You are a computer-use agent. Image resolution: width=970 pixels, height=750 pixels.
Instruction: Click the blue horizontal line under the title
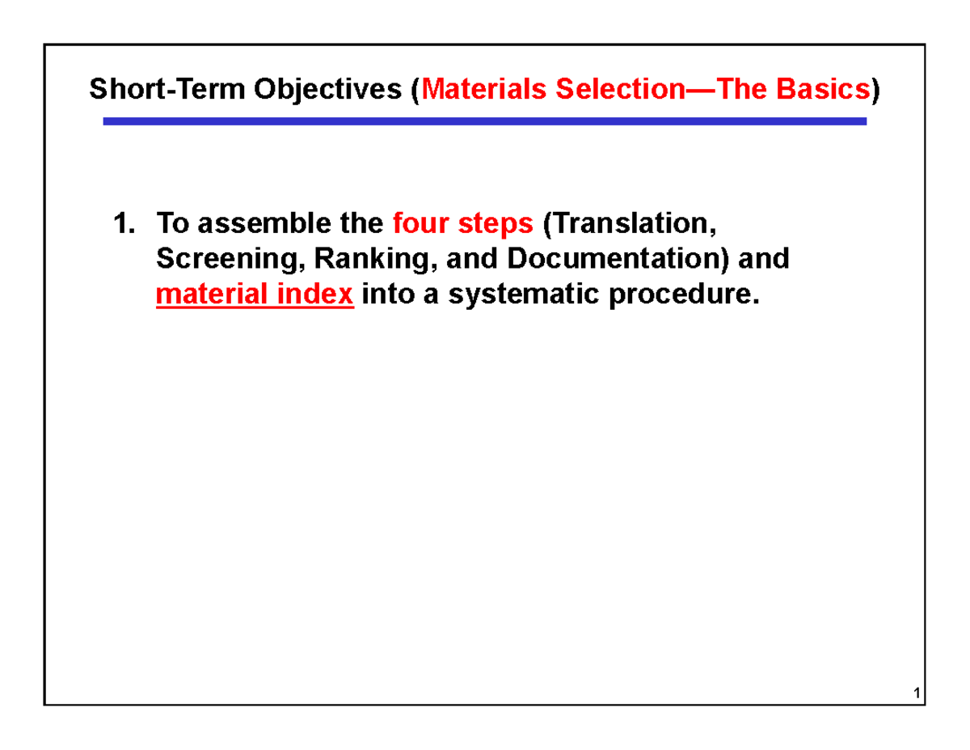click(x=485, y=121)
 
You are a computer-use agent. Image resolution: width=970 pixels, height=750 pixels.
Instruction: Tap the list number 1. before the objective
click(x=124, y=222)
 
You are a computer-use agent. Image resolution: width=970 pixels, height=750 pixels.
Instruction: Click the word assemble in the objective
click(x=251, y=222)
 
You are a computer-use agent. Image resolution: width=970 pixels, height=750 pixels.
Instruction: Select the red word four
click(x=416, y=222)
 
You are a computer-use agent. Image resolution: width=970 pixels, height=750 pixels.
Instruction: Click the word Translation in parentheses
click(x=630, y=222)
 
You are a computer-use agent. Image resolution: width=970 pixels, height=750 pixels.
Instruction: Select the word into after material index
click(x=387, y=295)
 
